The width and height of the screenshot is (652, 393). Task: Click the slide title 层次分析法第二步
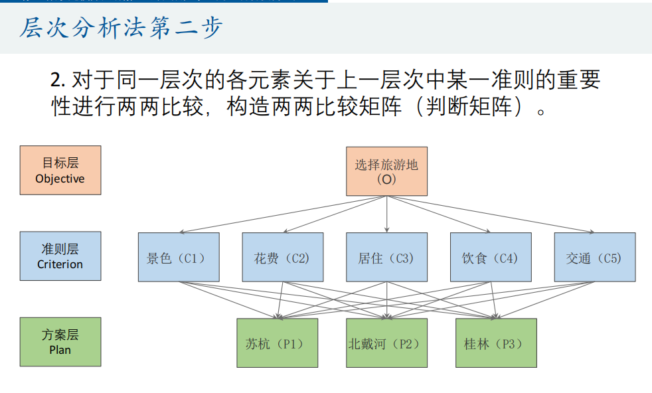121,29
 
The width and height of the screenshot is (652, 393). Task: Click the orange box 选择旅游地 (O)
386,171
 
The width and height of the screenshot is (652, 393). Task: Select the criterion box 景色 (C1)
178,257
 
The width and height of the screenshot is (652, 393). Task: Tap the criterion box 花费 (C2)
282,257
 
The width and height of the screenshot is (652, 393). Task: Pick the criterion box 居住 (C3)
386,257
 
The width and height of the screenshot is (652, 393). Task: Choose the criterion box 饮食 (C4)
491,257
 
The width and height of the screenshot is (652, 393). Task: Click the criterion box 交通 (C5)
594,257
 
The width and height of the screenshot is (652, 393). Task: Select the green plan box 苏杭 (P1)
277,343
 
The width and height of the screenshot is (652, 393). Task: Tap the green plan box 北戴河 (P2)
386,343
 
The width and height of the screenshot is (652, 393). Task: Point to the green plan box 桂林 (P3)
495,343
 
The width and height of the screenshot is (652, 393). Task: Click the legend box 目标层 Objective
60,170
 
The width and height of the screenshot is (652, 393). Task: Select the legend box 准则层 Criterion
60,256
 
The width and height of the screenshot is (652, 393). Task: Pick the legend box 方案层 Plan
60,342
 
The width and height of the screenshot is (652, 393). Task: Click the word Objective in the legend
60,179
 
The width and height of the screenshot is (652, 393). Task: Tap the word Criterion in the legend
60,264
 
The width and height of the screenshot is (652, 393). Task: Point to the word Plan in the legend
60,350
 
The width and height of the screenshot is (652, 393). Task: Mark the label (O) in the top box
386,179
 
